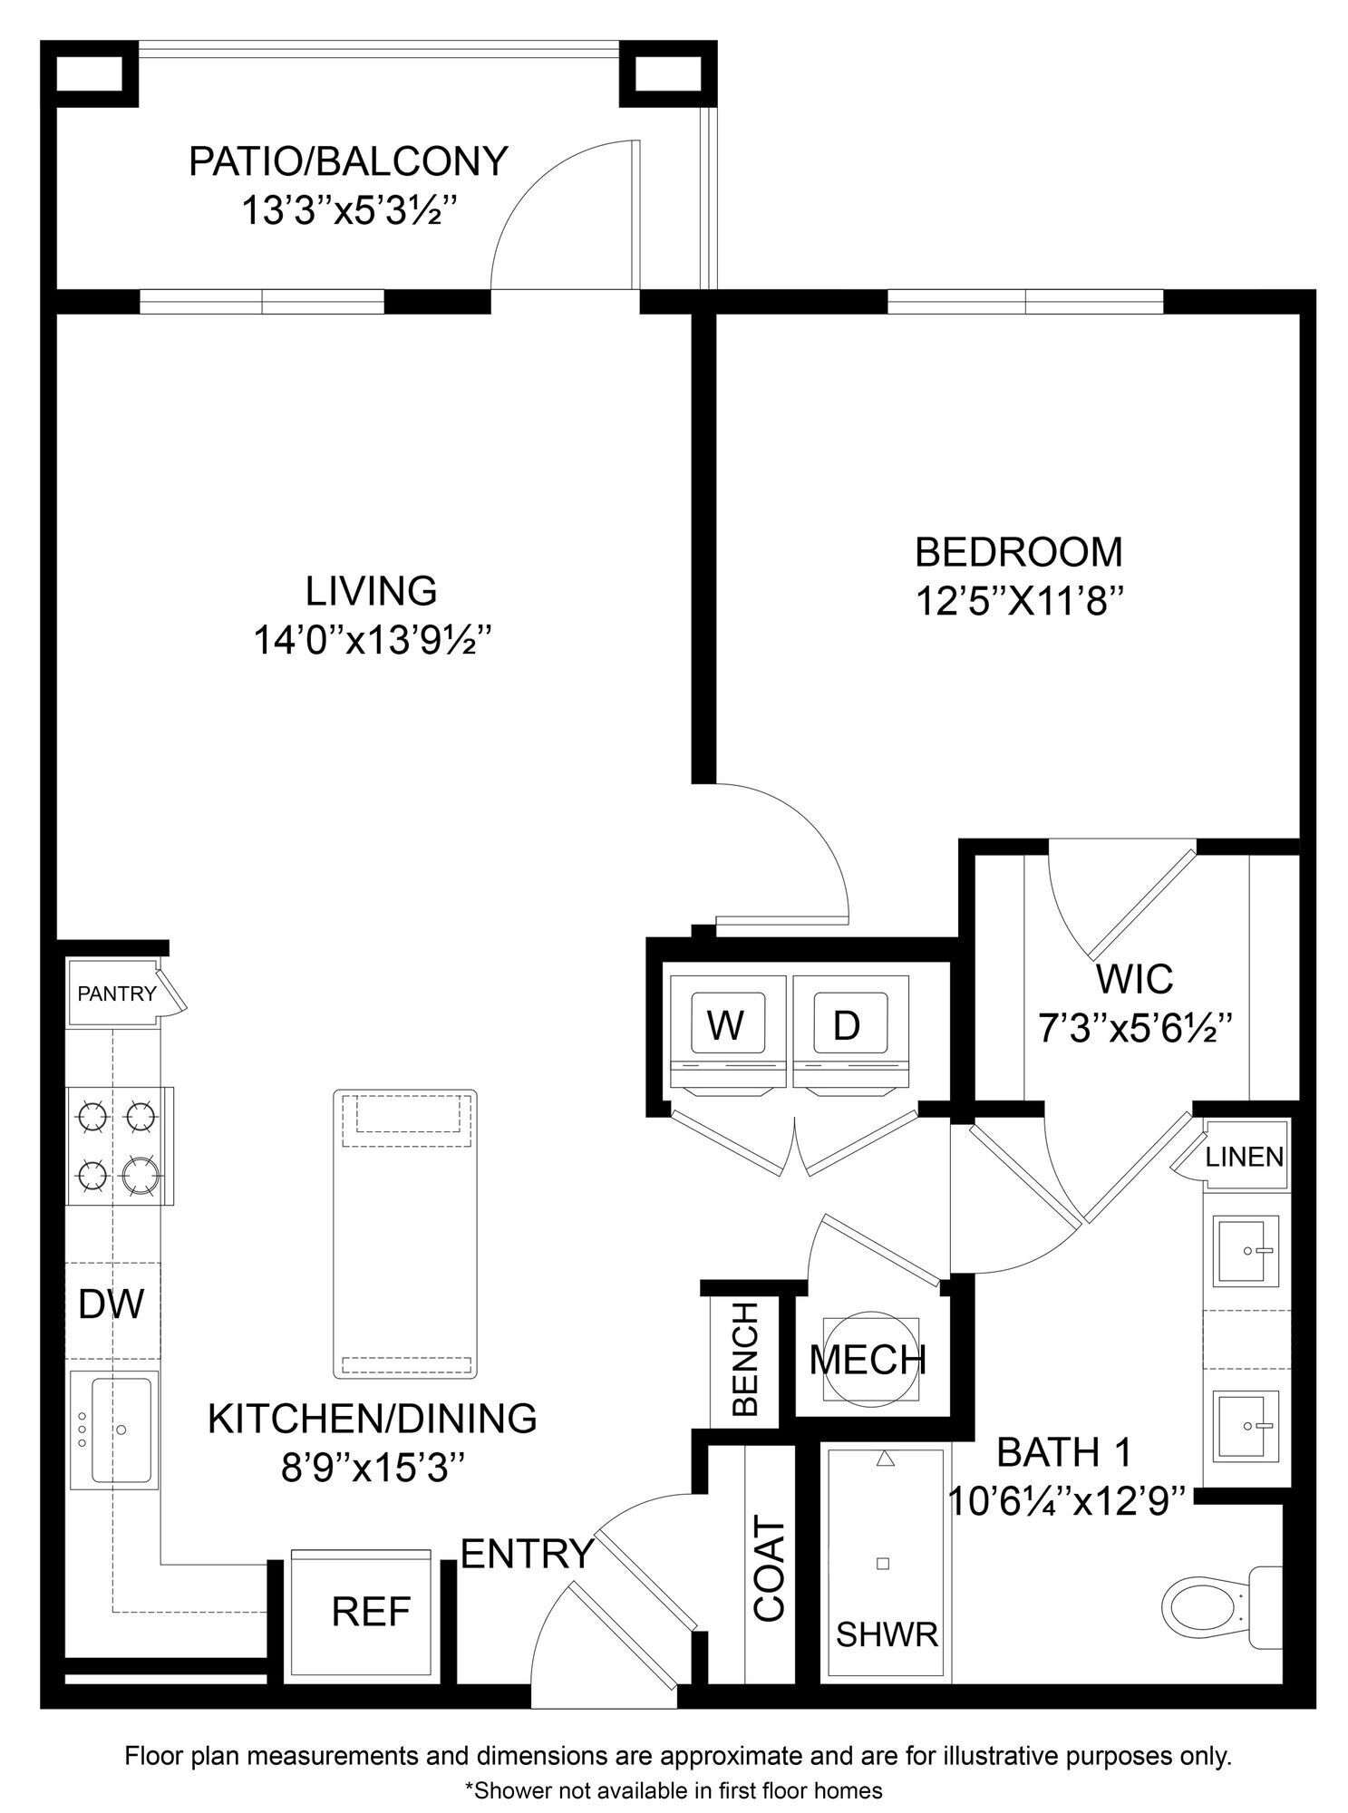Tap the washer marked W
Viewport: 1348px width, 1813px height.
point(725,1025)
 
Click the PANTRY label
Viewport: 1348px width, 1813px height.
point(116,994)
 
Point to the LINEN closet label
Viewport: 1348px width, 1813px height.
point(1244,1157)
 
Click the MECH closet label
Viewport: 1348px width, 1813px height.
point(868,1360)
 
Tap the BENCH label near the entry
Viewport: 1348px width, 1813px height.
point(744,1359)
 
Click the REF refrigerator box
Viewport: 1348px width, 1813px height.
point(371,1612)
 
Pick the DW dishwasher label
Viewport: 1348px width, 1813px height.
point(111,1304)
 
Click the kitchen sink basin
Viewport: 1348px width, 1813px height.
point(121,1430)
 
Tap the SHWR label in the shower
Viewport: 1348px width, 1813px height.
point(886,1634)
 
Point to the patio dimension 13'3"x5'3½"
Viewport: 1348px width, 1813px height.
point(347,211)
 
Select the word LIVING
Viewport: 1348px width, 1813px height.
point(371,591)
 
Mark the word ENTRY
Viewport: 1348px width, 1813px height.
point(527,1554)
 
